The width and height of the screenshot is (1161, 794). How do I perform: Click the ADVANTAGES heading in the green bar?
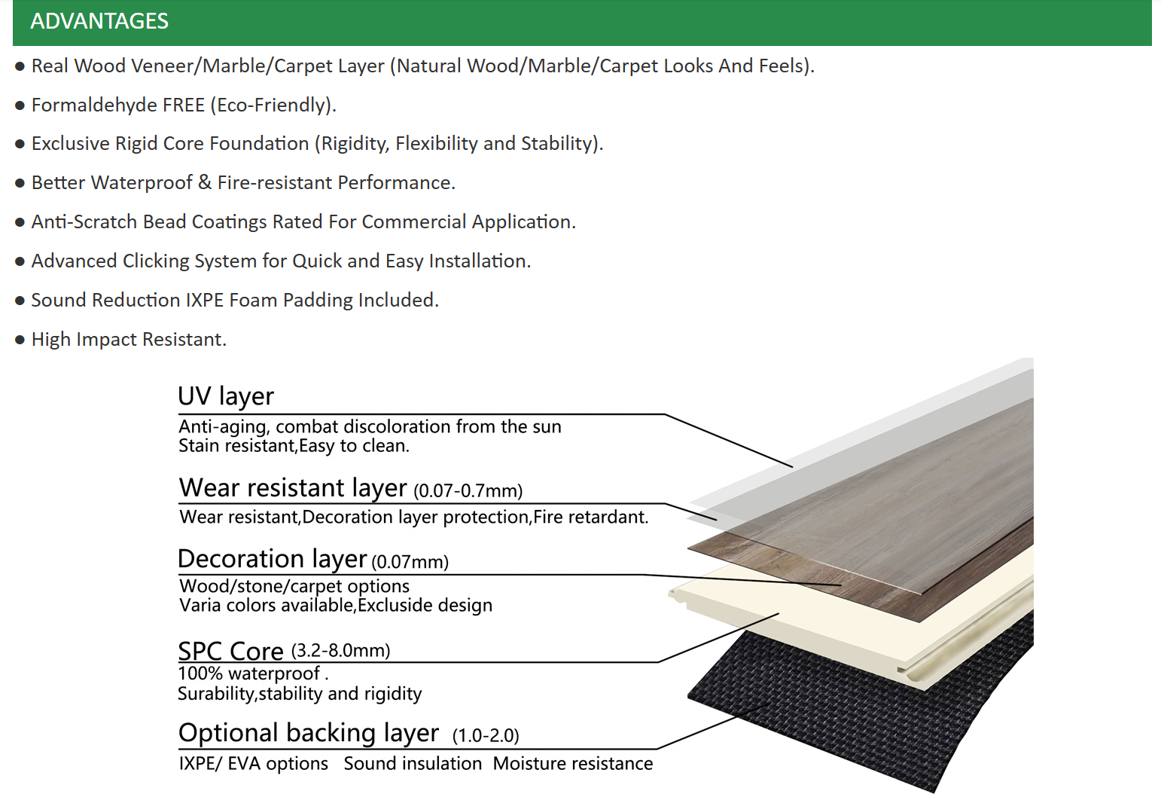click(x=99, y=21)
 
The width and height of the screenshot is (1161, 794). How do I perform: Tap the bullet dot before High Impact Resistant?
click(x=20, y=341)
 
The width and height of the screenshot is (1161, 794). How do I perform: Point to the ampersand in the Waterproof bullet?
click(x=205, y=182)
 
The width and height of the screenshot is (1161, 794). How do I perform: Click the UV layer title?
click(x=225, y=397)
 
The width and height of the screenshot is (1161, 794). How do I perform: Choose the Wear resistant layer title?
click(x=293, y=488)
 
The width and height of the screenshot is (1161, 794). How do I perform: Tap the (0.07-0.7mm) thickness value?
click(x=468, y=490)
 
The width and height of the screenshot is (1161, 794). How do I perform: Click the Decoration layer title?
click(x=273, y=559)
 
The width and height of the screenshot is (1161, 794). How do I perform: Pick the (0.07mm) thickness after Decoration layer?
click(x=410, y=562)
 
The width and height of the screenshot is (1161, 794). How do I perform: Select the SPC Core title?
click(x=230, y=651)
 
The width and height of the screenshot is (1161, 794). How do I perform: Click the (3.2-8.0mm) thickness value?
click(x=340, y=650)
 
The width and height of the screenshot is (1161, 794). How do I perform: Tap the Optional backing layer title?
click(x=309, y=733)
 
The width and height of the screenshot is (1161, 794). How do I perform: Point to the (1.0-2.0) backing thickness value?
click(x=486, y=736)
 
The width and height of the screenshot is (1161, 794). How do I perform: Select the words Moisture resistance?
click(x=573, y=764)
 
